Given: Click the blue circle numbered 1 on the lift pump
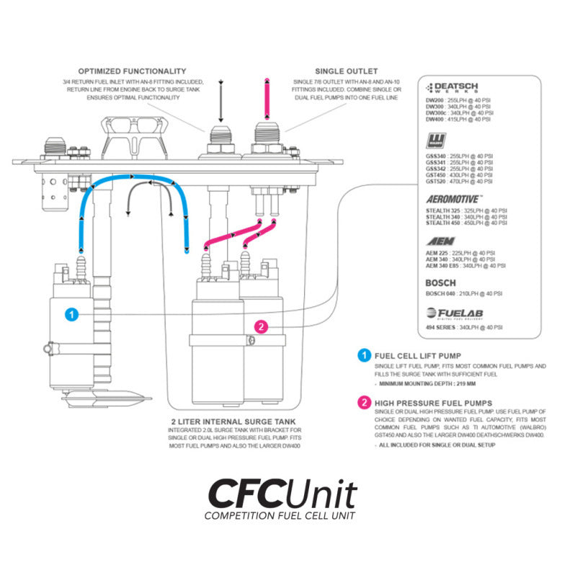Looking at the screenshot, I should pos(71,314).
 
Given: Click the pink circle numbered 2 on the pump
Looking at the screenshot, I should pos(262,326).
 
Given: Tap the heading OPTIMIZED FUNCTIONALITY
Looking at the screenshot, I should pos(132,71).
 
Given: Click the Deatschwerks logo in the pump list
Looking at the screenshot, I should pos(462,89).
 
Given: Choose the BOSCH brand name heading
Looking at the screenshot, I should pos(440,283).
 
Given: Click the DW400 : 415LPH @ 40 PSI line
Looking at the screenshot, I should pos(460,120).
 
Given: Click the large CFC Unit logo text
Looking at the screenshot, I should pos(282,494).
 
